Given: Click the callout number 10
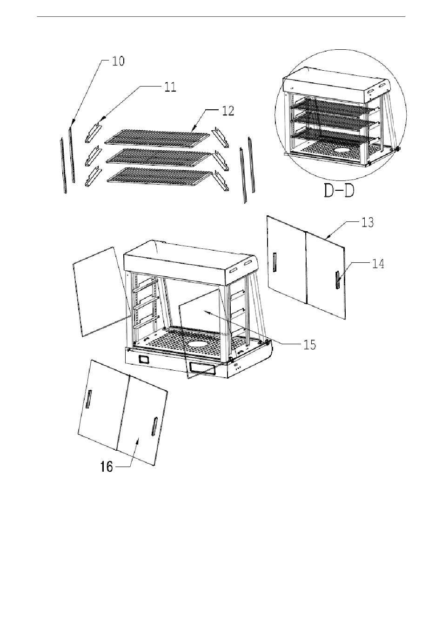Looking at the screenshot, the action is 118,61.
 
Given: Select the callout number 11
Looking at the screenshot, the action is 170,87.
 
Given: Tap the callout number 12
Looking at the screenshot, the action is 228,111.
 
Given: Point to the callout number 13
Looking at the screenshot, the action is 368,222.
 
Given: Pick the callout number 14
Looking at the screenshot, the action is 378,264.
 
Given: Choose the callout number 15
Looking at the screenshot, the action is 310,345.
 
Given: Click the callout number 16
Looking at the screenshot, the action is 107,467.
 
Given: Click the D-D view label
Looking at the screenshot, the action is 339,191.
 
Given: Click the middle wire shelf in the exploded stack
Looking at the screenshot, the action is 159,157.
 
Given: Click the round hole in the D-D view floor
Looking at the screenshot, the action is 343,150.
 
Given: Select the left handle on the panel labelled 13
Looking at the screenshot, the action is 275,262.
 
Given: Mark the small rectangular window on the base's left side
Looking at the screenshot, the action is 144,360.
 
